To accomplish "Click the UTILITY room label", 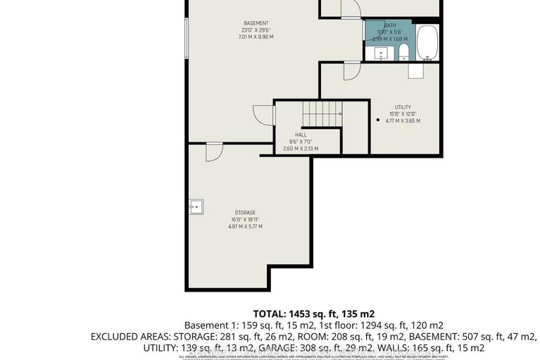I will tap(403, 107).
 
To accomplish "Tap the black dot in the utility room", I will tap(378, 120).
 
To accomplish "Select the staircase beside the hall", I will tap(321, 113).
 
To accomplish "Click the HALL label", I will tap(300, 135).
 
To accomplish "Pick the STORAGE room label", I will tap(245, 212).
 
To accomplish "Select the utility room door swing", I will tap(350, 70).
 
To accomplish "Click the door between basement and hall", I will tap(262, 116).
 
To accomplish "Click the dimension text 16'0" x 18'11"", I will tap(245, 219).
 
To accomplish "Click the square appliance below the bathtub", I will tap(415, 71).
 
